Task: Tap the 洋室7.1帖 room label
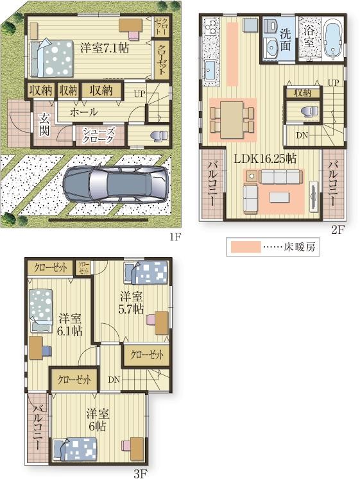(x=104, y=47)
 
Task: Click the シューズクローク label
(x=98, y=135)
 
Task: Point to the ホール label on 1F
(x=83, y=112)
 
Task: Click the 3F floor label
(x=141, y=474)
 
